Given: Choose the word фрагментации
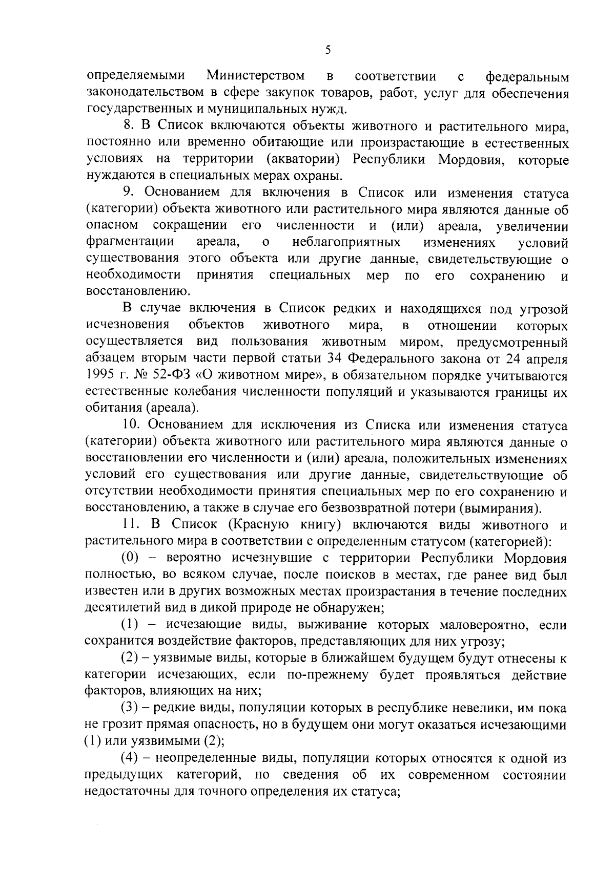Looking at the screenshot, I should click(x=130, y=242).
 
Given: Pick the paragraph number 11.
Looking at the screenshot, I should click(x=131, y=525).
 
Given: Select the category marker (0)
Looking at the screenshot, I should click(x=133, y=558).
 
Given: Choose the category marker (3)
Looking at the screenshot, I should click(x=132, y=708).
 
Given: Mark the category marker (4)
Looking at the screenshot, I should click(x=132, y=758).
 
